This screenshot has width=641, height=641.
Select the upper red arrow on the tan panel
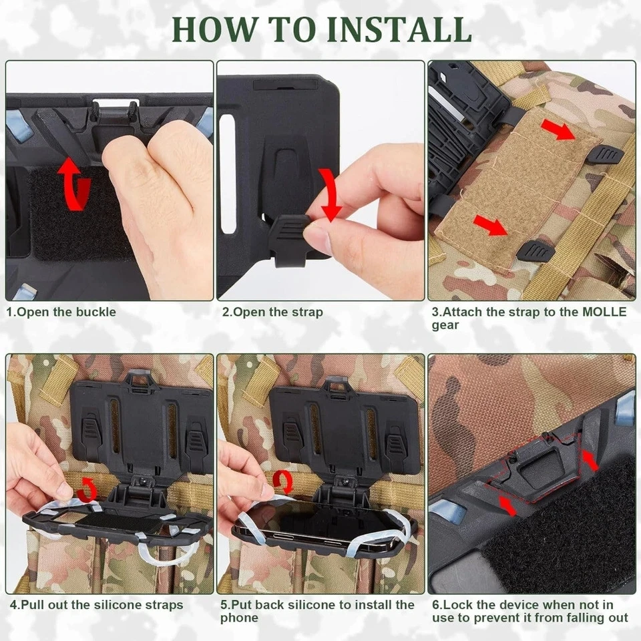point(558,131)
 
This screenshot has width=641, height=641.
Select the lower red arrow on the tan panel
point(491,226)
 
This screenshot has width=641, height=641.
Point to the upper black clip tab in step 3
point(606,156)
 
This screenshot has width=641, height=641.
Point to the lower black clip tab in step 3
point(535,252)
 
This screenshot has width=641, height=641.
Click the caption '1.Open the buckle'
point(61,312)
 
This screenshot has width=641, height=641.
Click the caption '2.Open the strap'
point(272,312)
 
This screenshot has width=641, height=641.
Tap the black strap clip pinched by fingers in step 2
point(288,235)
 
